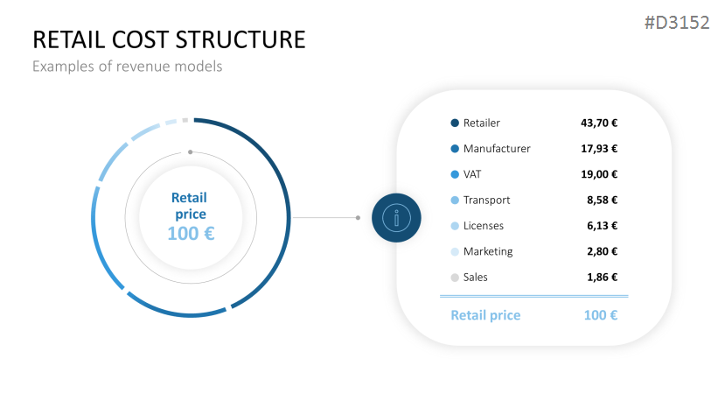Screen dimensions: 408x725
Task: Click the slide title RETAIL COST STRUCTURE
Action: (x=169, y=40)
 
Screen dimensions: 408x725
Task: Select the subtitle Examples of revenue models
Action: (x=128, y=67)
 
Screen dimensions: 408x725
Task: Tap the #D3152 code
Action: (x=676, y=23)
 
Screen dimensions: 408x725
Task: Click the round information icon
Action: (x=396, y=218)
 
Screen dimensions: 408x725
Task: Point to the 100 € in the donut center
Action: (x=191, y=234)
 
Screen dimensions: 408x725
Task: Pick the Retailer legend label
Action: (x=482, y=123)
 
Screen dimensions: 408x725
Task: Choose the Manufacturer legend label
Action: (x=497, y=149)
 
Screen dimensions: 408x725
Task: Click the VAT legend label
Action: (x=473, y=174)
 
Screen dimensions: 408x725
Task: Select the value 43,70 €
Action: (x=599, y=123)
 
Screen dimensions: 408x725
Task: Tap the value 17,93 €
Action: (x=599, y=149)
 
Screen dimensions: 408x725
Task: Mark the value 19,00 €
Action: (x=599, y=174)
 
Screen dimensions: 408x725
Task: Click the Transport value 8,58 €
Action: (x=603, y=200)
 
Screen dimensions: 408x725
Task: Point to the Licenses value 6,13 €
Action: (x=603, y=226)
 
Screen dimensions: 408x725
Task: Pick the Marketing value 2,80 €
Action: (x=603, y=251)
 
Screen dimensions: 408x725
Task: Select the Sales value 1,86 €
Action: (x=603, y=278)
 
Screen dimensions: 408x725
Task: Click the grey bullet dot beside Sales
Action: (x=455, y=278)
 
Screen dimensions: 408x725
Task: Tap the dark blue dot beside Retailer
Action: (x=455, y=123)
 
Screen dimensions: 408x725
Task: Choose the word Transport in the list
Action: (x=486, y=200)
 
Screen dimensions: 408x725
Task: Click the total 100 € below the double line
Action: (x=601, y=315)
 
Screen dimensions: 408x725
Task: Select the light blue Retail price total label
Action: (x=485, y=315)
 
